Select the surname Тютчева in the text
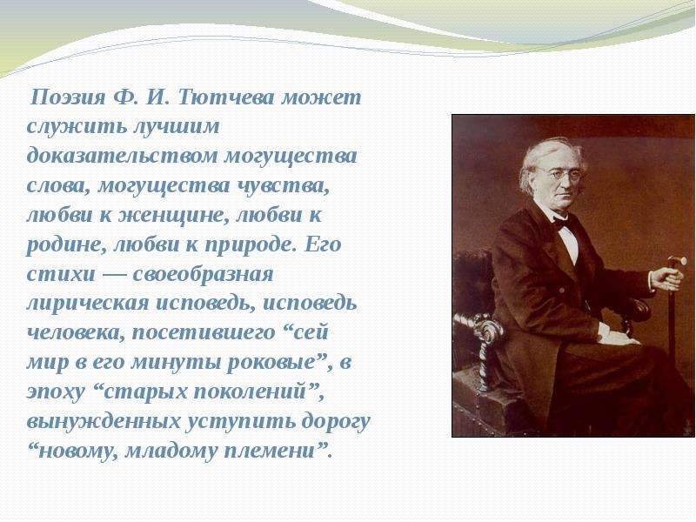(226, 97)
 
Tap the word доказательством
(122, 157)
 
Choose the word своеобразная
(203, 275)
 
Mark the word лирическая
(88, 304)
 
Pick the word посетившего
(204, 333)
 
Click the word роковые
(271, 363)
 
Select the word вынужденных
(104, 422)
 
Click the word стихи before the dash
(61, 275)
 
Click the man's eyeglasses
(559, 173)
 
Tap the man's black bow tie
(561, 223)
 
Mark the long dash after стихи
(114, 275)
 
